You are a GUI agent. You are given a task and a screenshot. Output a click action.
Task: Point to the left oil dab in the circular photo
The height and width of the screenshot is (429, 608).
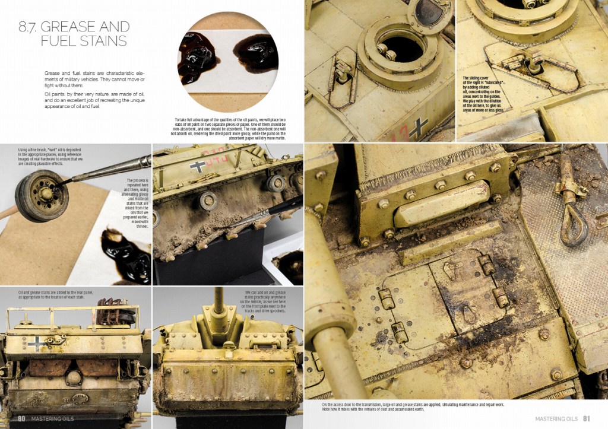click(197, 57)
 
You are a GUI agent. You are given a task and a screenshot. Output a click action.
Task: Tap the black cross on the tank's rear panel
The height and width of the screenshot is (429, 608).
click(40, 342)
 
